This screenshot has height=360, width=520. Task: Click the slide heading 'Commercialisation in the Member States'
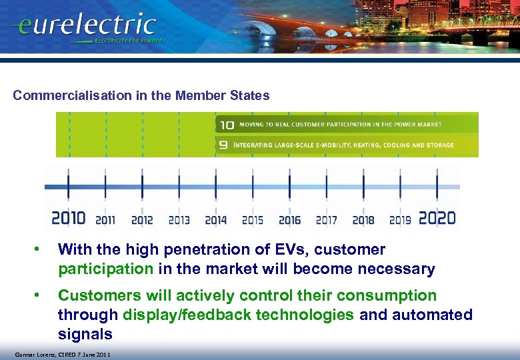coord(141,95)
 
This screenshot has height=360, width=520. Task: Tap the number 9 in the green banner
coord(225,145)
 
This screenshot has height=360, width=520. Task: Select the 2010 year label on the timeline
coord(68,218)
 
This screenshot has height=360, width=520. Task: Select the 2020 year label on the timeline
coord(437,218)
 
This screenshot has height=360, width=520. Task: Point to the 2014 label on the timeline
coord(215,219)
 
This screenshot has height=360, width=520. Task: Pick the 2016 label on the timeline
coord(289,219)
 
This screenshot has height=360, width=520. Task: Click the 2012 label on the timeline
coord(142,219)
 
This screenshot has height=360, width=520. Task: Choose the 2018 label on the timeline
coord(363,219)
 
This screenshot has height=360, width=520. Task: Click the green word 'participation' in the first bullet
coord(105,269)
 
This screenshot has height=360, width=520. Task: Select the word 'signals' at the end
coord(85,333)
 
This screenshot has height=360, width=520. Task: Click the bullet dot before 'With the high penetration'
coord(40,250)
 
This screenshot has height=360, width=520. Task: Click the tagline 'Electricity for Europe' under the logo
coord(127,41)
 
